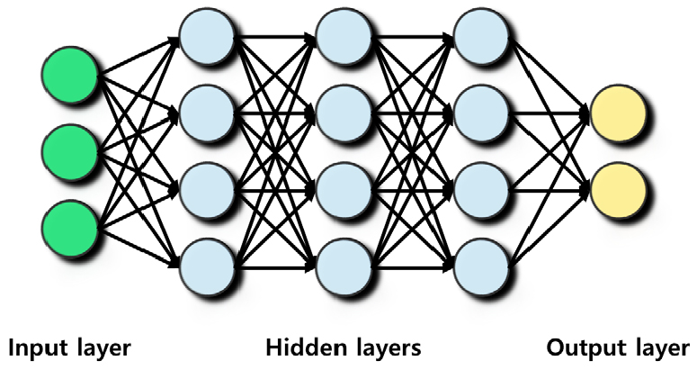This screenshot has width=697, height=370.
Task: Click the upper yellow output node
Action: [x=618, y=114]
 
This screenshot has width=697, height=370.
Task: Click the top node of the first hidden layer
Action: [x=206, y=35]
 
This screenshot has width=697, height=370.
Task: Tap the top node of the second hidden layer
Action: [x=343, y=35]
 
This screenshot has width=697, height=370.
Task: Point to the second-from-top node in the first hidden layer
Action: [x=206, y=112]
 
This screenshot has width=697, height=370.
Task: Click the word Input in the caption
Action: [x=37, y=347]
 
